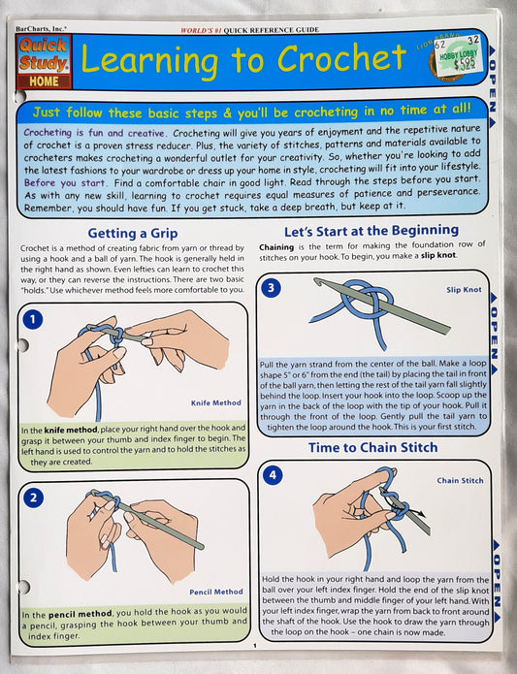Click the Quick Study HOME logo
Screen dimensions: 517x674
click(44, 62)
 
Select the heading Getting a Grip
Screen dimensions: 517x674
click(132, 234)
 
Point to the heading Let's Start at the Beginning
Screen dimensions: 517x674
click(372, 231)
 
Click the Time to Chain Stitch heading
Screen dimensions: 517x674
click(372, 447)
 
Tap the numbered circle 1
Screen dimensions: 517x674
click(33, 319)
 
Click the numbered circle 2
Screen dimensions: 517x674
click(34, 498)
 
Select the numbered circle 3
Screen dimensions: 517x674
click(272, 287)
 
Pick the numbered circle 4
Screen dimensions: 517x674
click(273, 475)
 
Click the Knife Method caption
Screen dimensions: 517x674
click(215, 402)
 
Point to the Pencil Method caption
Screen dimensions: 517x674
click(216, 592)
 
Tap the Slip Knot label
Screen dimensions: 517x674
click(464, 290)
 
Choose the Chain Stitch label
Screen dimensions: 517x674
click(461, 481)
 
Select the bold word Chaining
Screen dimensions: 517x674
click(276, 246)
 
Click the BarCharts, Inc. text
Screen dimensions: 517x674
click(41, 29)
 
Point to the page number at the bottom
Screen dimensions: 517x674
click(255, 645)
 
